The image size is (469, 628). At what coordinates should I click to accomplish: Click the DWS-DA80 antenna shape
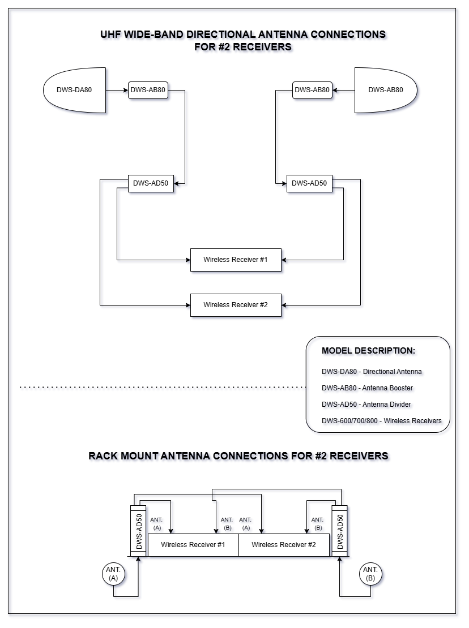click(75, 90)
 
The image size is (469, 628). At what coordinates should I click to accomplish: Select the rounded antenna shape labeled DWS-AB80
click(386, 90)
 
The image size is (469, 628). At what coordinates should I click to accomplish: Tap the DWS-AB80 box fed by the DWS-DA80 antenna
click(148, 90)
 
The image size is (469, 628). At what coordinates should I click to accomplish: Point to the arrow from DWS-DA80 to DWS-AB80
click(117, 90)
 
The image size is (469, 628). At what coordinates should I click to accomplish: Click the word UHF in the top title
click(110, 35)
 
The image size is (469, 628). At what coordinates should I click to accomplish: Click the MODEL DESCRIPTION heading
click(368, 351)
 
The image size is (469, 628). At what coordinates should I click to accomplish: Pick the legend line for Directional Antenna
click(372, 372)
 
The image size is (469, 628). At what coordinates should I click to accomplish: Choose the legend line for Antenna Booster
click(367, 388)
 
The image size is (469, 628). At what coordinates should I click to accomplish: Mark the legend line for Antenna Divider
click(366, 405)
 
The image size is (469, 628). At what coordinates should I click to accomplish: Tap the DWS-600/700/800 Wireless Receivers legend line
click(382, 421)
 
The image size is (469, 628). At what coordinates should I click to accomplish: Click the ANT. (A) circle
click(113, 574)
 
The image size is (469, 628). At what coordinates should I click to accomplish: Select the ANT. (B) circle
click(370, 574)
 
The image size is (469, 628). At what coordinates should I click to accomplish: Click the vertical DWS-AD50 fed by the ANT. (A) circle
click(138, 531)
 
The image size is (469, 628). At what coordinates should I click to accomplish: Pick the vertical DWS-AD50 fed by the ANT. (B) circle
click(339, 531)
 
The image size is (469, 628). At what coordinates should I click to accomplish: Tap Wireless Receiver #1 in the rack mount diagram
click(193, 545)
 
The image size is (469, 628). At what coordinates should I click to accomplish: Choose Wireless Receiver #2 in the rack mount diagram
click(284, 545)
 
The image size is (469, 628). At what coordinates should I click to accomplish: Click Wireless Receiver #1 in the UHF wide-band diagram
click(236, 260)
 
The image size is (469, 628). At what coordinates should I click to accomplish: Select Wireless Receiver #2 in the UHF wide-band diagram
click(236, 305)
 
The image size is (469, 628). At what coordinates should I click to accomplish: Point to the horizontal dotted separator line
click(163, 388)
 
